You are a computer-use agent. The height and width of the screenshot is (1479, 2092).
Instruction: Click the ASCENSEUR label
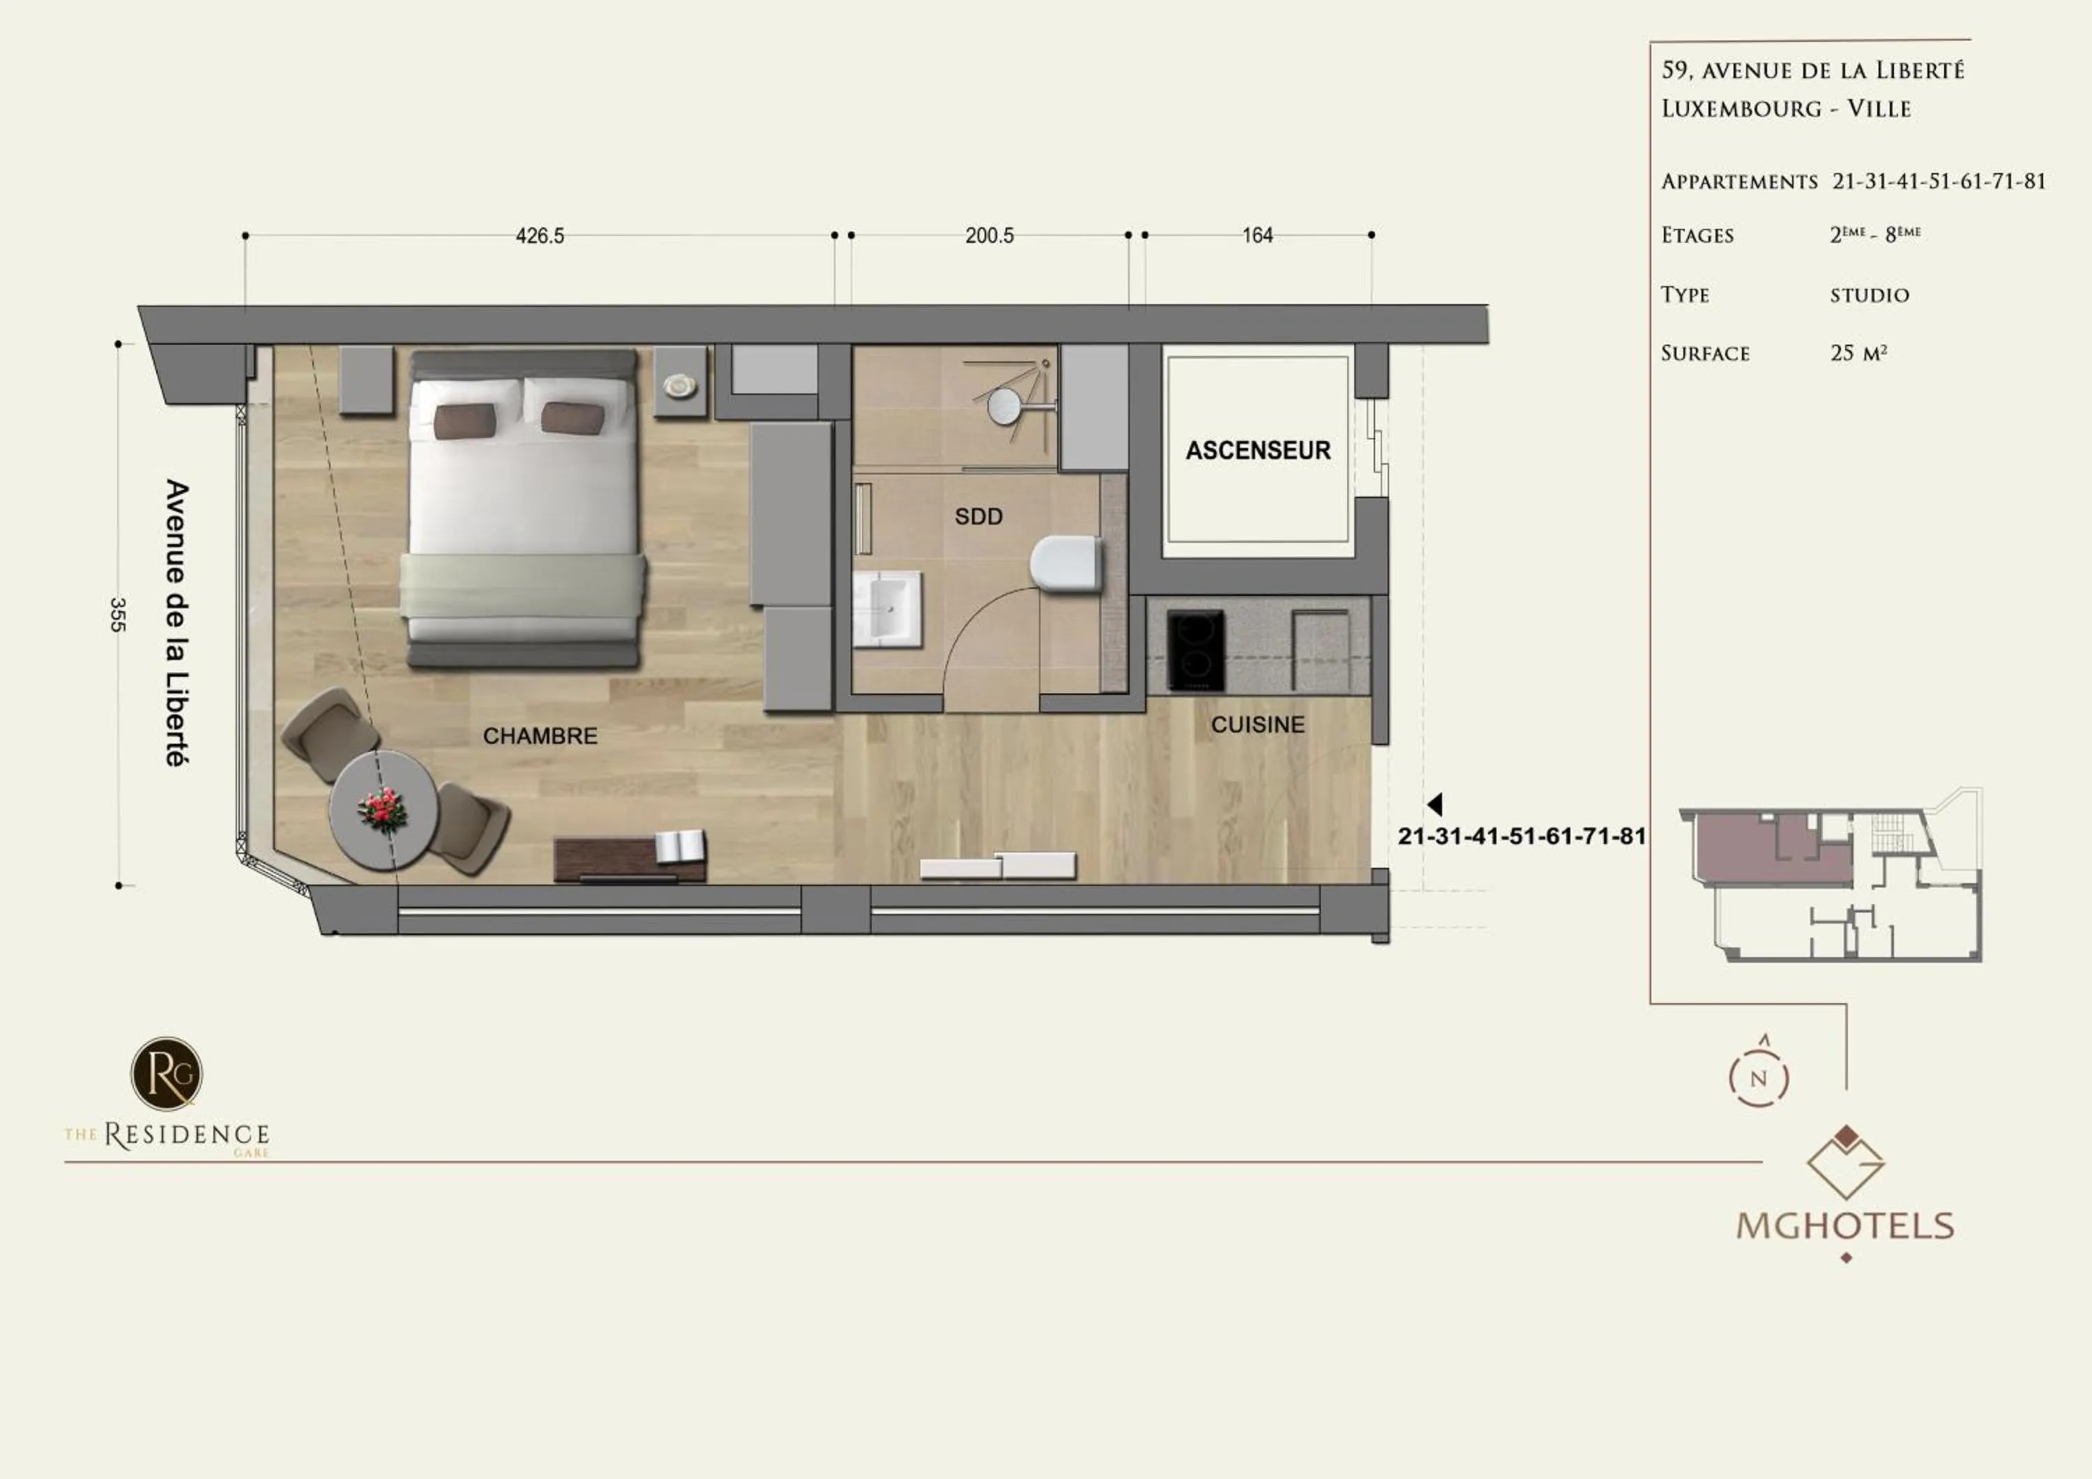point(1257,450)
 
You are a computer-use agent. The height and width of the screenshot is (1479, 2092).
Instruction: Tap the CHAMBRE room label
point(540,735)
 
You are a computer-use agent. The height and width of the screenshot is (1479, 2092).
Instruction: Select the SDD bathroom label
point(978,517)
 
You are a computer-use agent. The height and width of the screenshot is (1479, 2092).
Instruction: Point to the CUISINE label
point(1257,724)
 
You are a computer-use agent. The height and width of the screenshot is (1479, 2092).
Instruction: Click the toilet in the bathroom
point(1064,563)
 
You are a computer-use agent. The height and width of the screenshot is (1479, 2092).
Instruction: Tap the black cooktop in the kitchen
point(1195,651)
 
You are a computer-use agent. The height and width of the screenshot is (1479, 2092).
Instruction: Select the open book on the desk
point(680,846)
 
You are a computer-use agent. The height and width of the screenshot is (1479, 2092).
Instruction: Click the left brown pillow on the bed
point(464,421)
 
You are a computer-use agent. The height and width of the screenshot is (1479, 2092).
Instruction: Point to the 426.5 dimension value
point(540,236)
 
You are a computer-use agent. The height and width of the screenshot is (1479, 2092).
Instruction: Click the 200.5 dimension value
point(990,236)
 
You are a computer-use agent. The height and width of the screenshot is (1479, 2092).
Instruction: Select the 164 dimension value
point(1257,236)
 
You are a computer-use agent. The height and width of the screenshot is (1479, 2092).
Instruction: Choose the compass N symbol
point(1759,1078)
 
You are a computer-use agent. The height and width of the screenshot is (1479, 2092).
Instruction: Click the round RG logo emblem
point(167,1074)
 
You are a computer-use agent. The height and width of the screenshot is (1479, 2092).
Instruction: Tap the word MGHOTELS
point(1845,1226)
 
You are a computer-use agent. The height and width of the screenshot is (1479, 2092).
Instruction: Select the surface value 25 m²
point(1858,353)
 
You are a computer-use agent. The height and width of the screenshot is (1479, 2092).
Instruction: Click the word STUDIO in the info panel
point(1869,295)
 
